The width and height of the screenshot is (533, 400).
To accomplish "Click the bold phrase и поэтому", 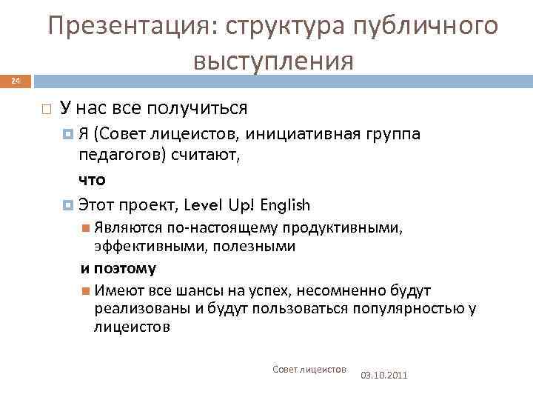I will point(118,267).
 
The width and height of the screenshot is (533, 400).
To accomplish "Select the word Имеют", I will point(113,290).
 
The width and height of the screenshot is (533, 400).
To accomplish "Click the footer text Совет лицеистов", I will point(309,369).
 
